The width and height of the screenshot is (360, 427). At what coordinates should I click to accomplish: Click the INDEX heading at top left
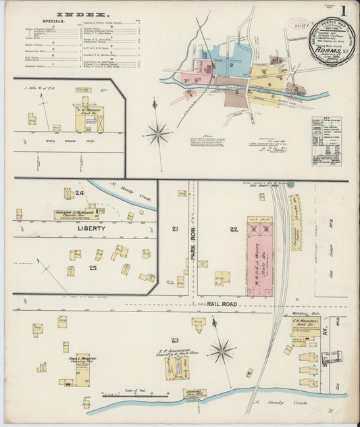pyautogui.click(x=80, y=14)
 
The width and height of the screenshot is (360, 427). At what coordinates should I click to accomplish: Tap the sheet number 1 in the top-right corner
pyautogui.click(x=344, y=11)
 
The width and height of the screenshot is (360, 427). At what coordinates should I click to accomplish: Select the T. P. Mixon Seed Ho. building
pyautogui.click(x=88, y=120)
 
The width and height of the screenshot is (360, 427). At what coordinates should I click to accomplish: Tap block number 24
pyautogui.click(x=80, y=193)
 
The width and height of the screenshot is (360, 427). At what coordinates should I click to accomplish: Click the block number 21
pyautogui.click(x=175, y=230)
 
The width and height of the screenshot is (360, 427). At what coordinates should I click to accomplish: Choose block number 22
pyautogui.click(x=233, y=230)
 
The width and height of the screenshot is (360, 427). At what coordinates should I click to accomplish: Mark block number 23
pyautogui.click(x=174, y=339)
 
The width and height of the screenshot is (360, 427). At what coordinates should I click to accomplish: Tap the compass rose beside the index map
pyautogui.click(x=157, y=132)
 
